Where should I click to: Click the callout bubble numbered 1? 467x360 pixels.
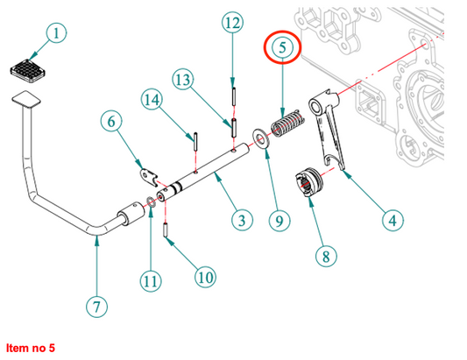(56, 32)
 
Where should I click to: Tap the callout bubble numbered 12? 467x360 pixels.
(232, 23)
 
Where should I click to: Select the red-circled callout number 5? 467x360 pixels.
(282, 47)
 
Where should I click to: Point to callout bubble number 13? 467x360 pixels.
(183, 80)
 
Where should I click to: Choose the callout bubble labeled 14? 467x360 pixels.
(152, 100)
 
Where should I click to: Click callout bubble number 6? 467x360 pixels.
(111, 121)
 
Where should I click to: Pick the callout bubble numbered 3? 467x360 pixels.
(242, 221)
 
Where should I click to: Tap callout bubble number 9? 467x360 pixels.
(279, 221)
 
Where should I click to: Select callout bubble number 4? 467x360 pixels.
(393, 221)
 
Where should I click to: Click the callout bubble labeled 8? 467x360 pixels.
(326, 256)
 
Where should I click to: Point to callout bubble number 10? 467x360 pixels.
(206, 277)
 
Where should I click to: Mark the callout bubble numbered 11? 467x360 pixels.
(151, 281)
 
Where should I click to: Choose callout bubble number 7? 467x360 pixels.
(96, 307)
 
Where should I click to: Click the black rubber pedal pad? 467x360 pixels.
(28, 70)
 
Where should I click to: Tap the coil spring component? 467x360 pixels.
(287, 124)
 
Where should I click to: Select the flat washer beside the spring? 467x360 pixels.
(261, 139)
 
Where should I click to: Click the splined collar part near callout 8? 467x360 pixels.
(308, 182)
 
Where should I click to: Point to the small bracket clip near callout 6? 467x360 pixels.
(149, 177)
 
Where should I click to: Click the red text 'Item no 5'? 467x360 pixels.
(31, 348)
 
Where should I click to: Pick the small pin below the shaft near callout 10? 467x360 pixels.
(166, 230)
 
